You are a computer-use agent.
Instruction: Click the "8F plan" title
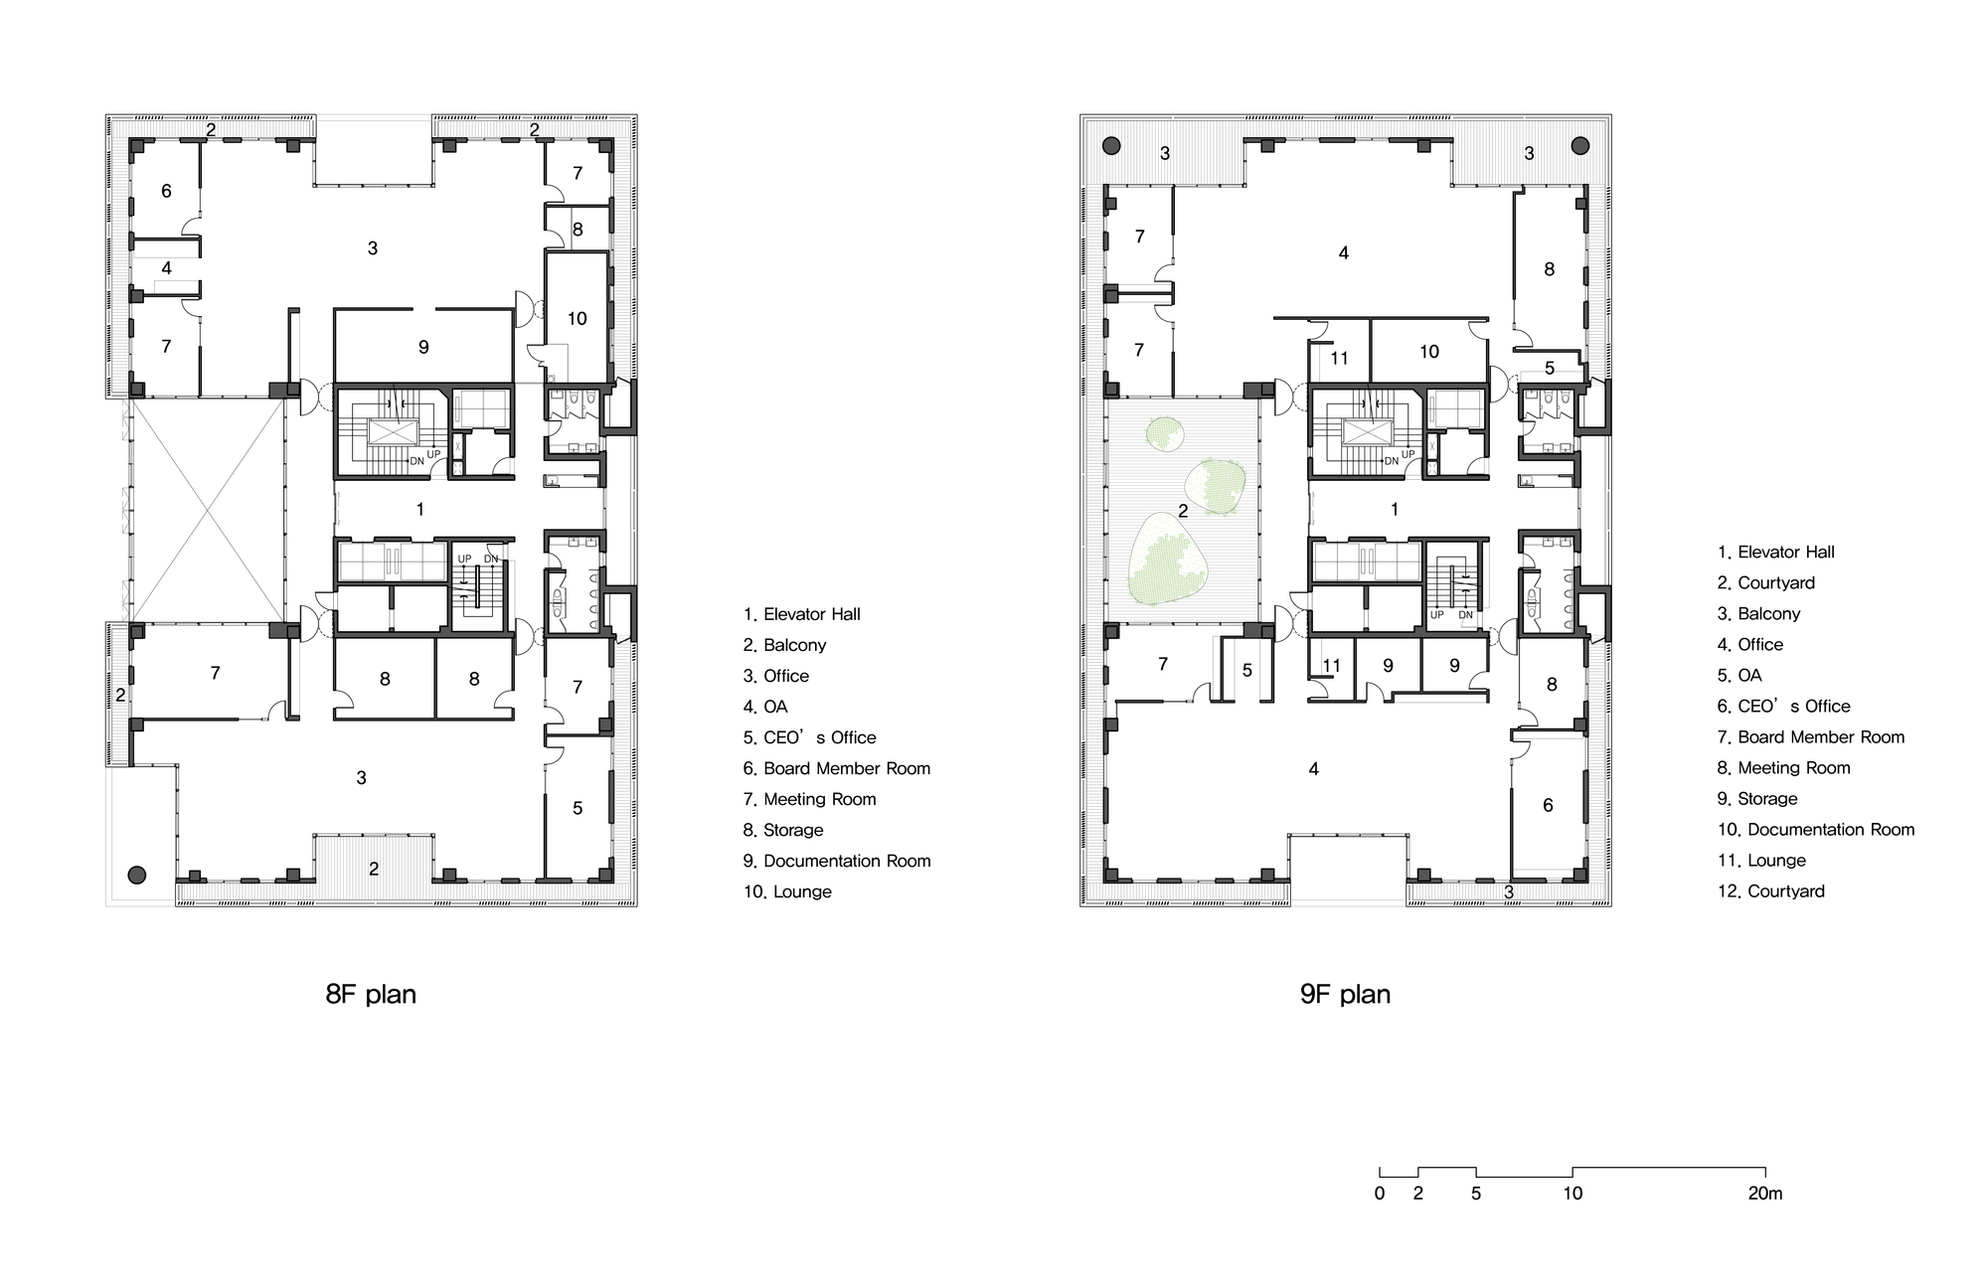371,995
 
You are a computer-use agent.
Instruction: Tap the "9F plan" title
1345,995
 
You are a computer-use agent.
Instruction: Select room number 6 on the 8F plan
166,191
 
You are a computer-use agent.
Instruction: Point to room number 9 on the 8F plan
423,347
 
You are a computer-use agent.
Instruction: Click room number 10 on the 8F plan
578,319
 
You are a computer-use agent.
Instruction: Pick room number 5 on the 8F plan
578,809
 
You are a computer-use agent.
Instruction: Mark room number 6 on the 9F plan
1548,806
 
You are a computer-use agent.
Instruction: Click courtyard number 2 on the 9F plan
1183,511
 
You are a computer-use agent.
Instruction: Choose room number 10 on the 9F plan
1429,352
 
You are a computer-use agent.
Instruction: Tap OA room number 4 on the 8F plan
166,268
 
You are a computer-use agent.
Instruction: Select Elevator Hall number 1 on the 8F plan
420,510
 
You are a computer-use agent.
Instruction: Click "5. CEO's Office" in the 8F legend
810,737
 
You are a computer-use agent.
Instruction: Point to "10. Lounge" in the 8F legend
788,891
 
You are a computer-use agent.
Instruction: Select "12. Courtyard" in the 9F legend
1771,891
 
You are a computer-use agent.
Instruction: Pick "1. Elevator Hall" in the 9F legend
1776,553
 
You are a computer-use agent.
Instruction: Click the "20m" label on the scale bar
1765,1194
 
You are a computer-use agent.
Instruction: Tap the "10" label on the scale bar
1573,1194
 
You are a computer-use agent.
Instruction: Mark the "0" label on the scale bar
1380,1194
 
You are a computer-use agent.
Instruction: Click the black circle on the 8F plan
137,876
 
